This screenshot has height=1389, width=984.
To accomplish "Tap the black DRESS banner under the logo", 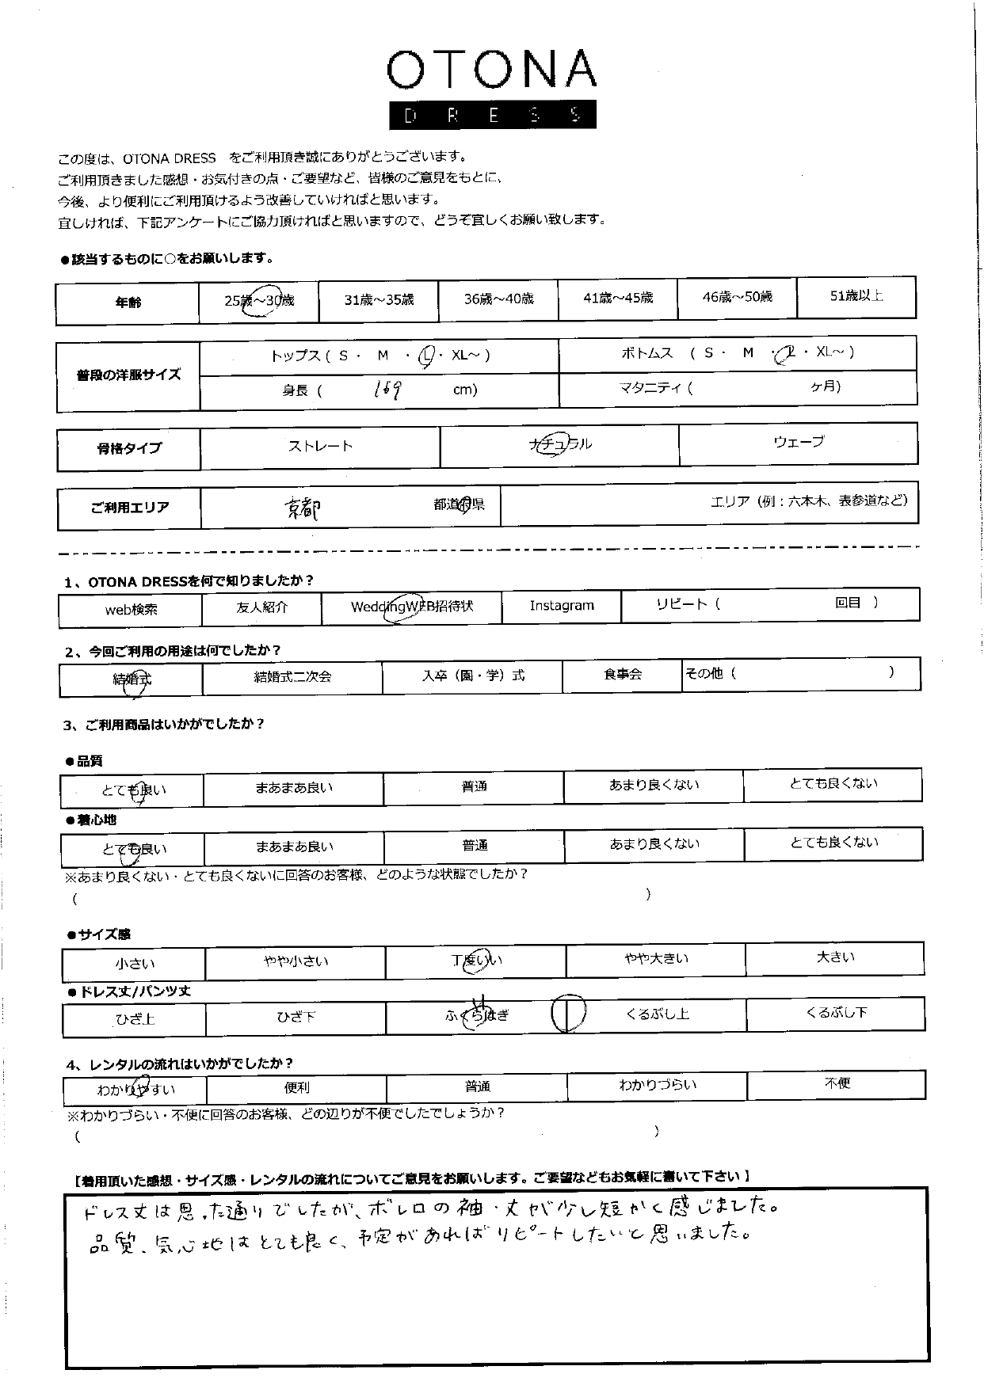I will click(x=491, y=116).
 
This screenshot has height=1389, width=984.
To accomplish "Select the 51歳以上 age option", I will click(x=856, y=296).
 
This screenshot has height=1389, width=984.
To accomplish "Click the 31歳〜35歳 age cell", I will click(x=379, y=300).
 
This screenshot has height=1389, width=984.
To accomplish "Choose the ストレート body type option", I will click(x=320, y=447).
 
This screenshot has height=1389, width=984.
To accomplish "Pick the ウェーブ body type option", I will click(x=798, y=442).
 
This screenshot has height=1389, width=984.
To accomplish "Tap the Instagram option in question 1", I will click(x=562, y=606).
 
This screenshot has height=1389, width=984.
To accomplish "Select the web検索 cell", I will click(x=132, y=610).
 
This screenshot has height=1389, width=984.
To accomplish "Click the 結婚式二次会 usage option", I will click(x=292, y=676).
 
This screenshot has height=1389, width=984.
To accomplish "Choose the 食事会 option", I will click(x=623, y=674).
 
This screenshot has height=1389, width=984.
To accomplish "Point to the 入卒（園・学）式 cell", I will click(x=473, y=675).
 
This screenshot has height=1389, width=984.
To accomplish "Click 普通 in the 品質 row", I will click(x=474, y=786).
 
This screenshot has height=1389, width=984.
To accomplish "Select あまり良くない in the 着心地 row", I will click(x=654, y=844).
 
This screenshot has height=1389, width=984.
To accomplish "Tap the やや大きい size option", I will click(x=656, y=959).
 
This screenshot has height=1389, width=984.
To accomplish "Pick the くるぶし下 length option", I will click(x=836, y=1012).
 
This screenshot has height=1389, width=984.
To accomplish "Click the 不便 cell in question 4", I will click(x=837, y=1083).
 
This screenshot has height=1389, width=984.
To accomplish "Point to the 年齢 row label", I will click(x=128, y=303).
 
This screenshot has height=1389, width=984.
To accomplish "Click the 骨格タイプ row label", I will click(x=129, y=448).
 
